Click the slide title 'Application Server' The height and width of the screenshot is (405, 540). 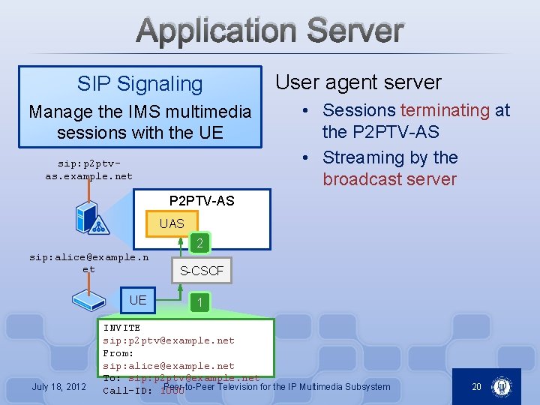click(x=271, y=31)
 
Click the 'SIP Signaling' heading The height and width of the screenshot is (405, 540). click(x=139, y=84)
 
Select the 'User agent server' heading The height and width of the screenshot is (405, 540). click(x=358, y=82)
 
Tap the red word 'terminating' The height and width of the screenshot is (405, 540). click(x=445, y=110)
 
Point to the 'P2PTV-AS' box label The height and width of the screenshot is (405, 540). click(x=202, y=200)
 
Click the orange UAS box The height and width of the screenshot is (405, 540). click(x=172, y=223)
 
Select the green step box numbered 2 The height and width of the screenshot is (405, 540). click(x=199, y=243)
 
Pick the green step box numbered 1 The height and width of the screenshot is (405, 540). click(x=199, y=302)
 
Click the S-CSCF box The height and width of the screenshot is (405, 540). click(x=202, y=271)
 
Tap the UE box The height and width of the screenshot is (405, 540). click(x=138, y=300)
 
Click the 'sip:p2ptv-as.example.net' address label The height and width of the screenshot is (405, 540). click(x=88, y=169)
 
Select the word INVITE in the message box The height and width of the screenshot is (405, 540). click(x=121, y=328)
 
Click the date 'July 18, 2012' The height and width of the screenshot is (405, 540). click(x=58, y=387)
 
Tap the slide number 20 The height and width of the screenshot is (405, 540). click(x=476, y=387)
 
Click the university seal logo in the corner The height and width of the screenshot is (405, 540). click(x=501, y=387)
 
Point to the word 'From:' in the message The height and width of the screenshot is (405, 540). click(x=118, y=353)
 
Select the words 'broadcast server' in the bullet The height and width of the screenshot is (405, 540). click(x=389, y=179)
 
